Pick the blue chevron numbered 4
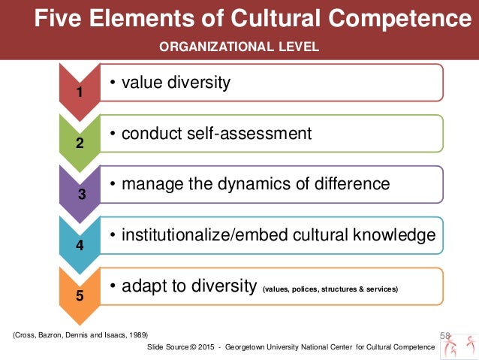80,244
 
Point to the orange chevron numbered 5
80,295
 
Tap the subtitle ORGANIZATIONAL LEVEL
239,47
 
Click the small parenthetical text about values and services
330,289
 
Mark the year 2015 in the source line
201,346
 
